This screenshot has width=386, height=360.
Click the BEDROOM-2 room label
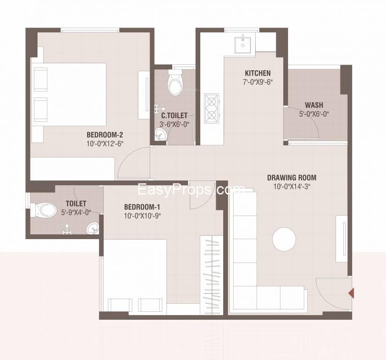105,135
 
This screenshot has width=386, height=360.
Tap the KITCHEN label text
257,73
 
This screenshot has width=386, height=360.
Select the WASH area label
314,105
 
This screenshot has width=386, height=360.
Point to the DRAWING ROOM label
291,178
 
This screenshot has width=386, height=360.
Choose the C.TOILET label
174,115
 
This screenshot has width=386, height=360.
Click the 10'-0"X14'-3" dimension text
292,186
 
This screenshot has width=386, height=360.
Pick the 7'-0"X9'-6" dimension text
257,82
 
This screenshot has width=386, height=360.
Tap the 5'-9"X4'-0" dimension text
76,212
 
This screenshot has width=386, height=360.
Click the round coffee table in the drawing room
284,239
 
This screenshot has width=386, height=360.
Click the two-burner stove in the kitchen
211,108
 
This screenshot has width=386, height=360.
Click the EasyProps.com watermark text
190,190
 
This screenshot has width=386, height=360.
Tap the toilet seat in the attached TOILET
46,209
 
